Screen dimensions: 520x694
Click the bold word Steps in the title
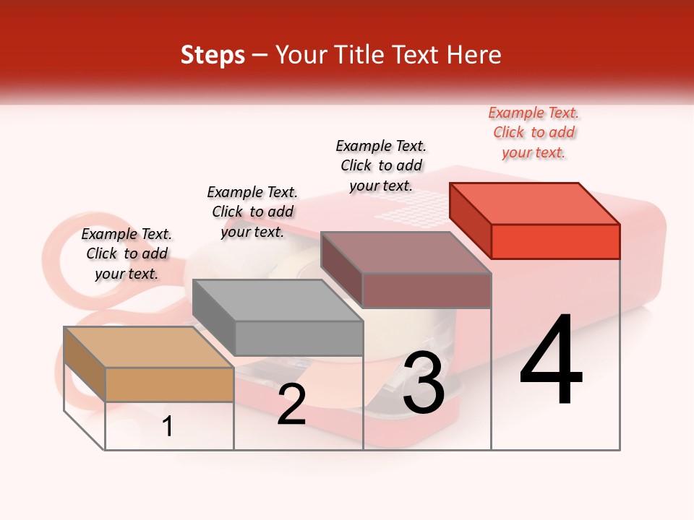[x=213, y=55]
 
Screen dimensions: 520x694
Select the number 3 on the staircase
[x=423, y=383]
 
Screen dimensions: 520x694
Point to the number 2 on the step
[x=291, y=404]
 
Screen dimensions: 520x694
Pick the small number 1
[x=168, y=426]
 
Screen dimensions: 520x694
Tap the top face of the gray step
[x=278, y=300]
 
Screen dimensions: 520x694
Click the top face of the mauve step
[x=406, y=252]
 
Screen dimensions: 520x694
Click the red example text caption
[x=534, y=132]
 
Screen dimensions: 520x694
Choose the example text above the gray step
[x=252, y=212]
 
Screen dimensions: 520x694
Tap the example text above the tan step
[x=127, y=253]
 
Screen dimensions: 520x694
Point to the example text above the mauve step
[x=381, y=165]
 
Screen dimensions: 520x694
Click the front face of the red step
[x=555, y=241]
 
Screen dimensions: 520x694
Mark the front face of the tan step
[x=169, y=384]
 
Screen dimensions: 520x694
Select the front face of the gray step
[x=299, y=338]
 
